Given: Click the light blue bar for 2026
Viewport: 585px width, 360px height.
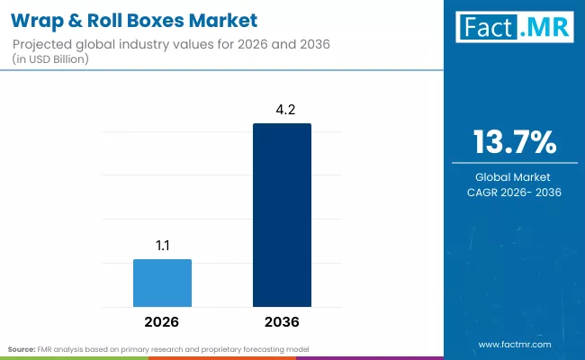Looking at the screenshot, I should coord(162,283).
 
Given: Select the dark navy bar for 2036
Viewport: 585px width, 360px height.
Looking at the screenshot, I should coord(282,215).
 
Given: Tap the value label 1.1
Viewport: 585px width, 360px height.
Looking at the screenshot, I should coord(162,245).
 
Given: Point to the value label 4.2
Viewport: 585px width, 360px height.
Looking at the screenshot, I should coord(282,109).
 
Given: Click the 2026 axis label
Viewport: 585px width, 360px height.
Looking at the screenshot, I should coord(162,321).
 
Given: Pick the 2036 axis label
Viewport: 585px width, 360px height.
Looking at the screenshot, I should coord(282,321).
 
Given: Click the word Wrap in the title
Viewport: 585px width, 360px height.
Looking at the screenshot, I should coord(39,19).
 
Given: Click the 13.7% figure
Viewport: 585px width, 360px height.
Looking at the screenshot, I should coord(515,143).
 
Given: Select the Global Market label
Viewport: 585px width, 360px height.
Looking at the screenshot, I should coord(515,177).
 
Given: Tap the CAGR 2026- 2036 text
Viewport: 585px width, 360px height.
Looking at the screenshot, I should coord(515,193).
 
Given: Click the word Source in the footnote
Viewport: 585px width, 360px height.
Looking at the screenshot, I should coord(21,348).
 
